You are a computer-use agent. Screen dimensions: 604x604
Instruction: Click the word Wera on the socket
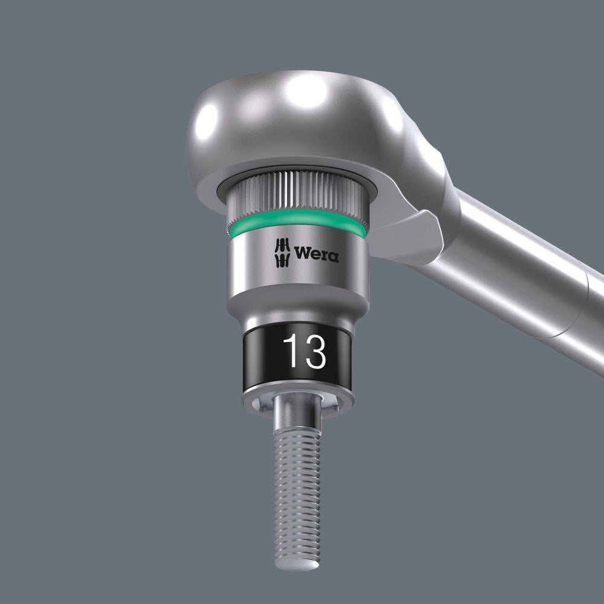coord(316,254)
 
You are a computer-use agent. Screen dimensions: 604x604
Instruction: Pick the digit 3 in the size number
coord(314,352)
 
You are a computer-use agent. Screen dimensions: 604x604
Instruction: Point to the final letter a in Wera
coord(333,257)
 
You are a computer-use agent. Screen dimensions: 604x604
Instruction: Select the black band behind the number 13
coord(260,353)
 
